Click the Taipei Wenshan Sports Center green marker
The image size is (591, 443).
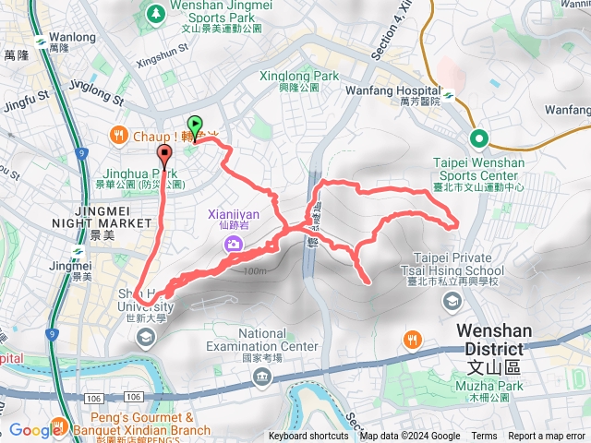479,138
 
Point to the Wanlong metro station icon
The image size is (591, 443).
40,41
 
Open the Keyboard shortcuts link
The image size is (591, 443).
308,437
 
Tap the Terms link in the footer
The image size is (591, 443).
484,437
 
